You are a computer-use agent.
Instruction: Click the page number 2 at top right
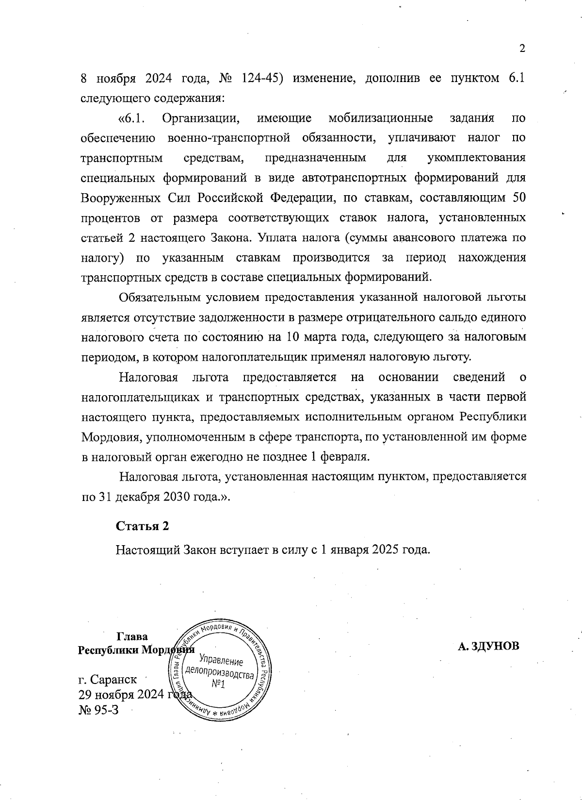coord(522,49)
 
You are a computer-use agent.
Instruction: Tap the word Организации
coord(200,118)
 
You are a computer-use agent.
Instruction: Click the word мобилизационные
coord(380,118)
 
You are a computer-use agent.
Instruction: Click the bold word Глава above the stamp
coord(132,636)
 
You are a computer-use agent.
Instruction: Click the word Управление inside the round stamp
coord(221,662)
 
